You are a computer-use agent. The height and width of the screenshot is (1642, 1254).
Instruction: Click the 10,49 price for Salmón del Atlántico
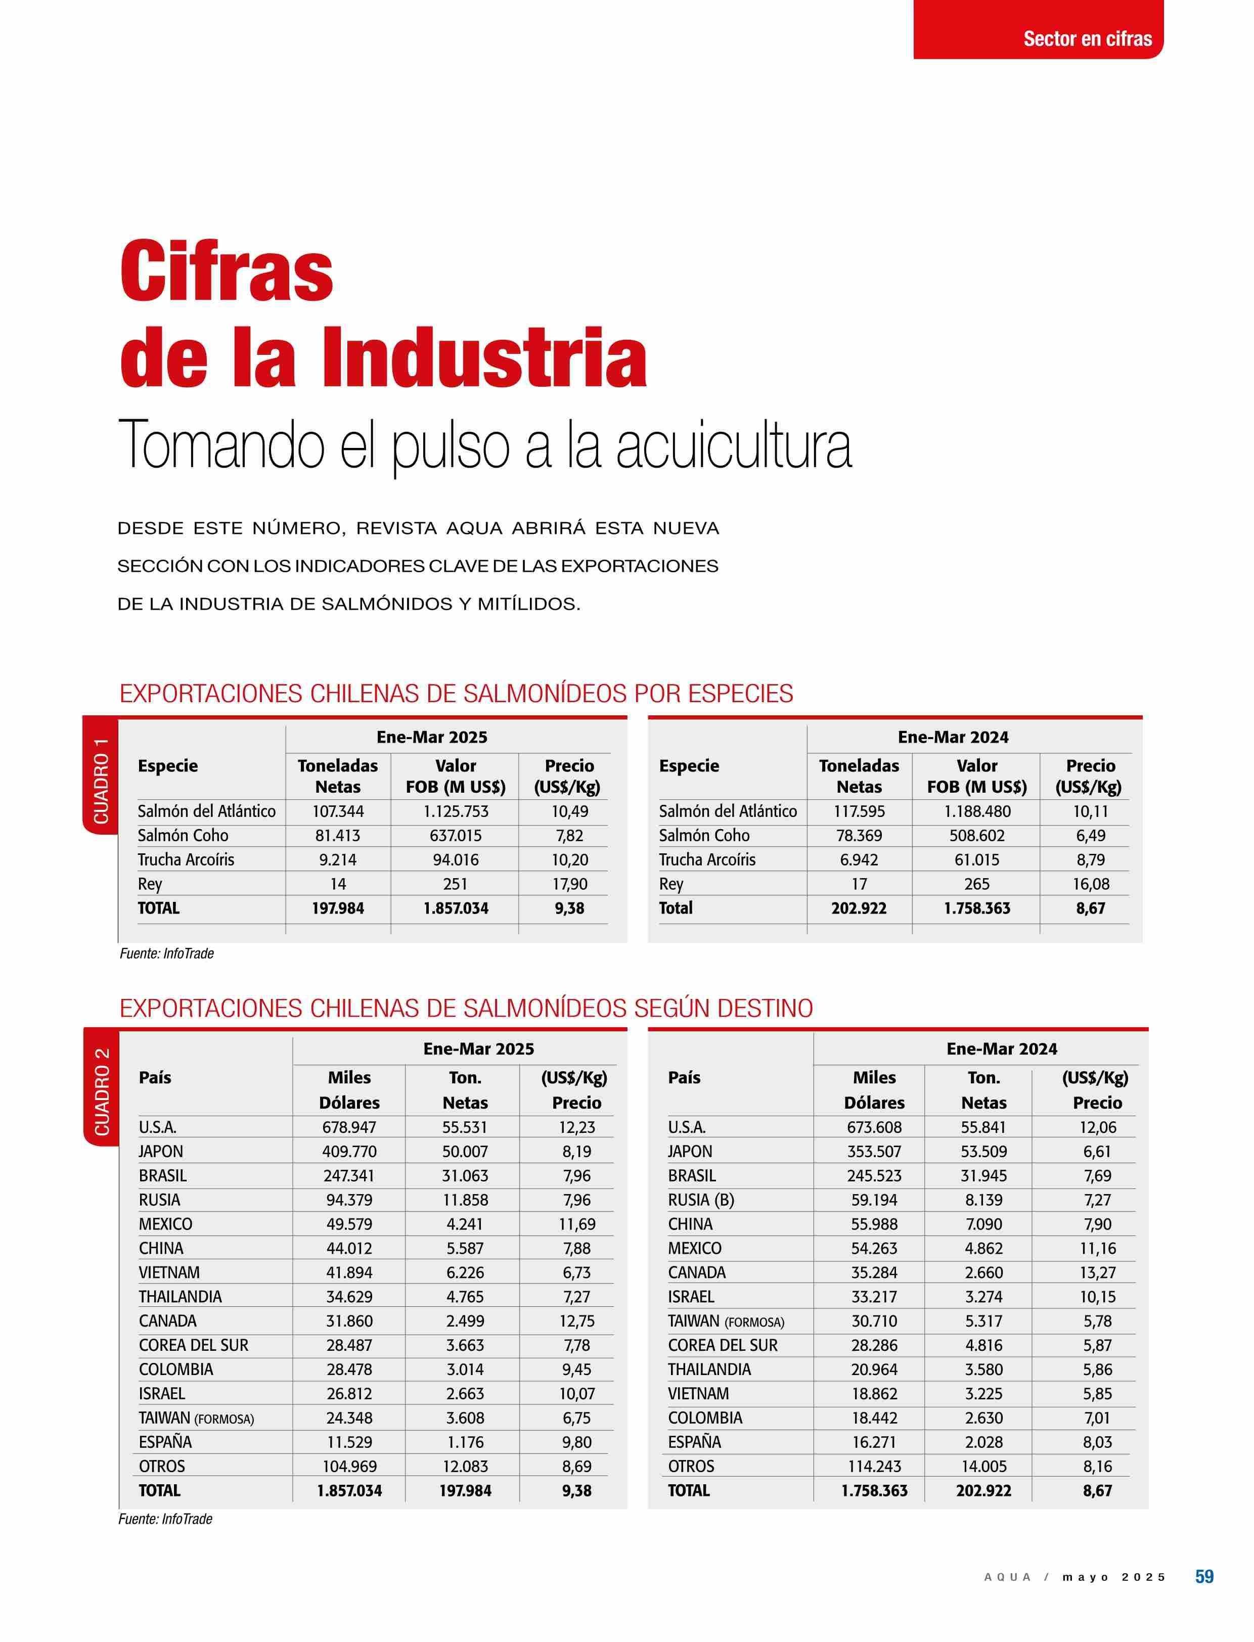coord(569,811)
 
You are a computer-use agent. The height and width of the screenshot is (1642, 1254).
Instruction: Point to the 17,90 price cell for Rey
coord(569,884)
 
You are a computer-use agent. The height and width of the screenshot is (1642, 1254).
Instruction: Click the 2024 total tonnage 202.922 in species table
coord(859,908)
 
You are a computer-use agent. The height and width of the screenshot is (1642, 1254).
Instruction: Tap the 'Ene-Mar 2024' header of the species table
coord(953,738)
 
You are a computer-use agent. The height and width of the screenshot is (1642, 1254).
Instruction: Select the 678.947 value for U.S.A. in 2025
coord(349,1127)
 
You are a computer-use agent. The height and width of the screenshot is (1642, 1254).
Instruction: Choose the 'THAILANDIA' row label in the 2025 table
coord(180,1296)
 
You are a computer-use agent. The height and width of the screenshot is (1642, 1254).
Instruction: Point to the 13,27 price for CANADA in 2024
coord(1097,1272)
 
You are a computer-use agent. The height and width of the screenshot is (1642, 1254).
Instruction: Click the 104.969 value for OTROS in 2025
coord(349,1466)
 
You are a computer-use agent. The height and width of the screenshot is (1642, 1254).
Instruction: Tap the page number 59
coord(1204,1592)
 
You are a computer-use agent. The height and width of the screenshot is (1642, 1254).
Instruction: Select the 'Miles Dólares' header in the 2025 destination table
coord(349,1089)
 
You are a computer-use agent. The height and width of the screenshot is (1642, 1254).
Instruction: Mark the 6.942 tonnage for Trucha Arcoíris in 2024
coord(859,860)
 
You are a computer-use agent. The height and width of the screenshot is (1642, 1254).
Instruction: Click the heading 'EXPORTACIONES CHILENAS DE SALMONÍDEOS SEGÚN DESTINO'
coord(466,1009)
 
